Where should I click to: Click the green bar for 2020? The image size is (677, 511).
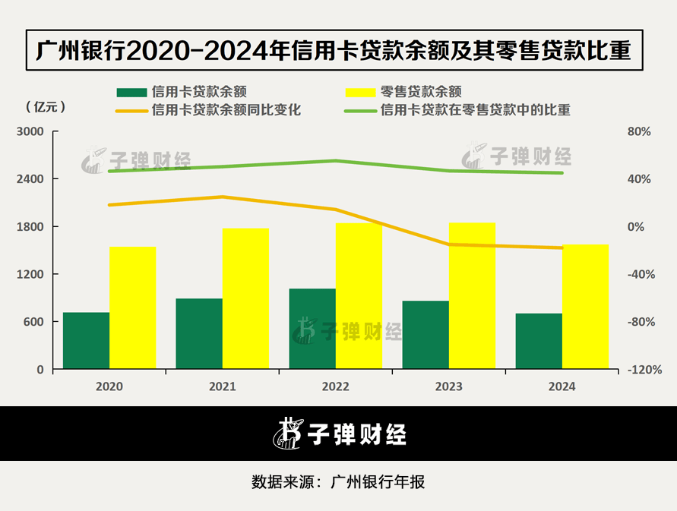pyautogui.click(x=86, y=341)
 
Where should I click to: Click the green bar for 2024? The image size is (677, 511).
pyautogui.click(x=539, y=341)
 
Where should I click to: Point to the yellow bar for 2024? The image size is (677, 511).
pyautogui.click(x=586, y=307)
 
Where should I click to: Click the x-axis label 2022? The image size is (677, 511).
pyautogui.click(x=336, y=386)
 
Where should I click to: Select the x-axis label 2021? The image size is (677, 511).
pyautogui.click(x=223, y=386)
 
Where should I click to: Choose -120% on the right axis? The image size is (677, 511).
pyautogui.click(x=637, y=370)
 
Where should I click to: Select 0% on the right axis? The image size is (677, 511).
pyautogui.click(x=635, y=227)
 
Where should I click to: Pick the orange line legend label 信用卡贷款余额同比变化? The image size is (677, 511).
pyautogui.click(x=226, y=110)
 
